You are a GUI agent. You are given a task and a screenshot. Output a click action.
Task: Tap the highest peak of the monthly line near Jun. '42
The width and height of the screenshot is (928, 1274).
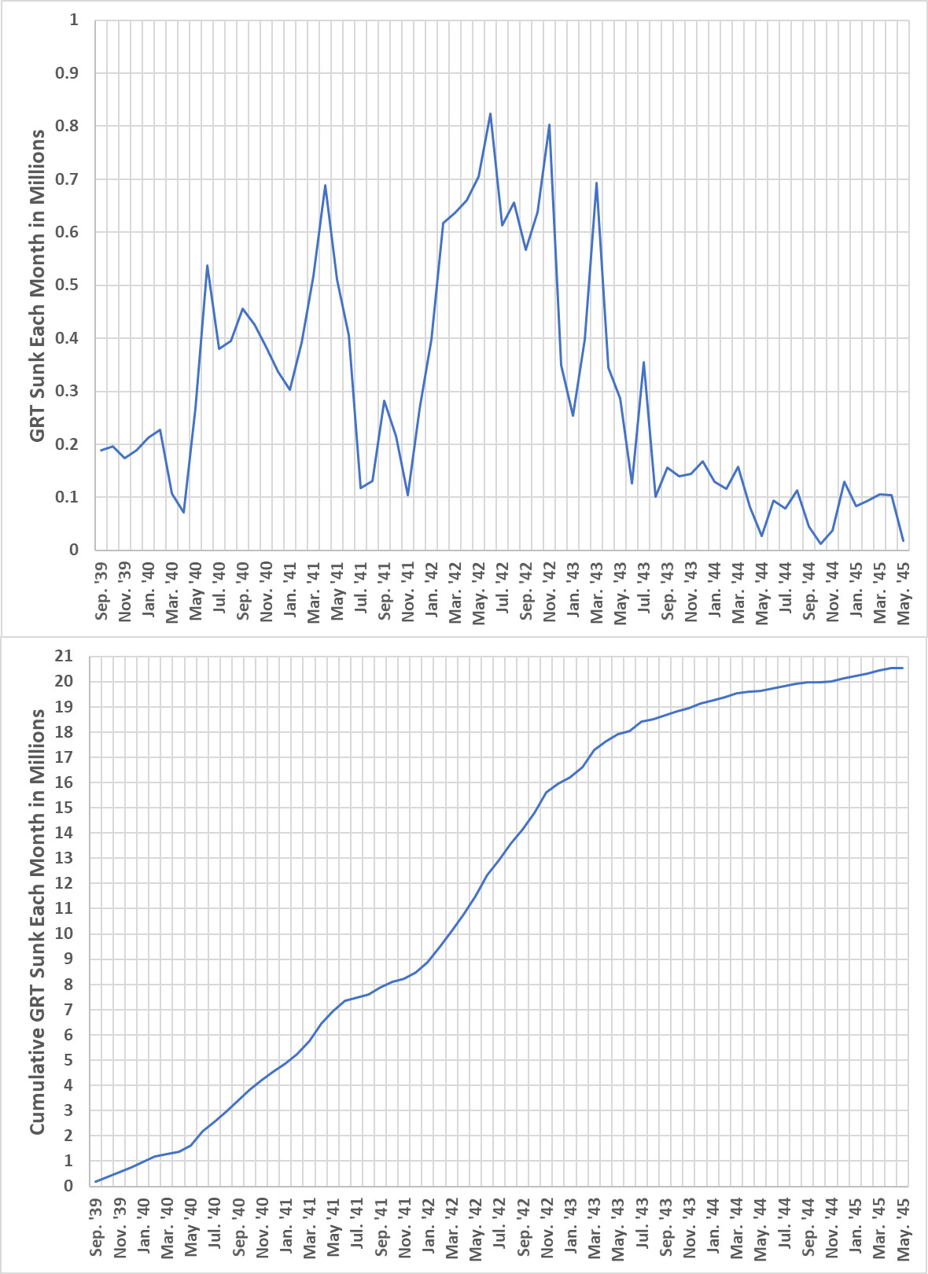[490, 114]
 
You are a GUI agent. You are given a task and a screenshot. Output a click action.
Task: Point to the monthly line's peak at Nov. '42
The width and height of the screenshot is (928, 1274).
[549, 124]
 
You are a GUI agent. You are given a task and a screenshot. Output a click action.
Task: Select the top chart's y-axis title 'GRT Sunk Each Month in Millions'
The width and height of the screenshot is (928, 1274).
[37, 285]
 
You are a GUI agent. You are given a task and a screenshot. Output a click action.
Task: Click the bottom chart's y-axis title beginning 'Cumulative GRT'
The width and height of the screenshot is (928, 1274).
[37, 922]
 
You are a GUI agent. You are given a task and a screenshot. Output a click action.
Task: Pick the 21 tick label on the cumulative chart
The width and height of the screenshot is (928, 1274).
[64, 656]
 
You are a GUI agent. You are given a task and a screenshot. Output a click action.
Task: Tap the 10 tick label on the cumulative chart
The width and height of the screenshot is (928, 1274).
[64, 933]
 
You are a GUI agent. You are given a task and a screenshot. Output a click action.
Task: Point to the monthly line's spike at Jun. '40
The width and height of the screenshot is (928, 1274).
[207, 265]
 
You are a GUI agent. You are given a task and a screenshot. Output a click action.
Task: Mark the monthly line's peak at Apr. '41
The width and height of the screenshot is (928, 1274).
[325, 185]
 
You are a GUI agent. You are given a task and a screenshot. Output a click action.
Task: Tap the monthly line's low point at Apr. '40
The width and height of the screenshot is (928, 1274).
[183, 512]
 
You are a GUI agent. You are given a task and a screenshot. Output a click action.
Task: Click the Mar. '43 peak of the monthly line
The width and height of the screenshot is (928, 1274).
[597, 182]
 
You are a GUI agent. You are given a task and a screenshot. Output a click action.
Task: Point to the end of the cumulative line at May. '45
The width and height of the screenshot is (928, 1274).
[902, 668]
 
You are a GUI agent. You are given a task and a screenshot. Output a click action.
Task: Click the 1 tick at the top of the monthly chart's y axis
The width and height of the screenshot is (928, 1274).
[74, 20]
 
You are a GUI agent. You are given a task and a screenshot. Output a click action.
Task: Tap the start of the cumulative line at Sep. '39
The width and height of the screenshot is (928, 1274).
[96, 1181]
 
